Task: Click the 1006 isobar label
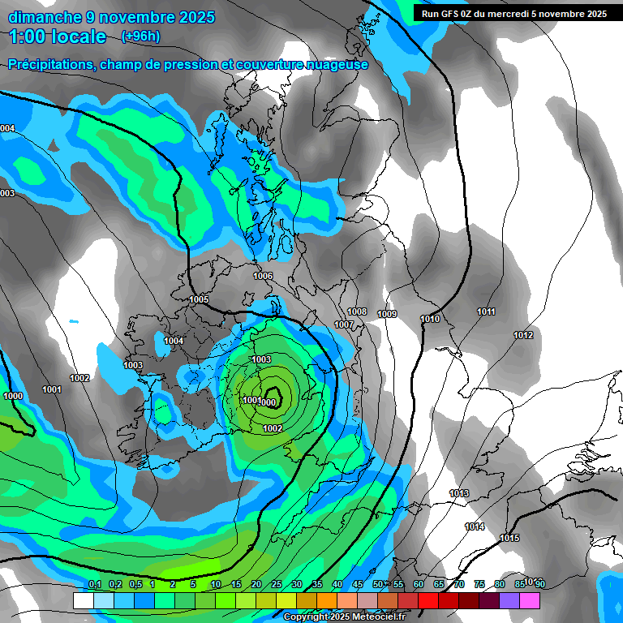263,277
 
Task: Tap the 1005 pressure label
199,299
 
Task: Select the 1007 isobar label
344,324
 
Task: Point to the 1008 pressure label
357,311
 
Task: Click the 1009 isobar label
387,314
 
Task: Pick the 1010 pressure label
430,319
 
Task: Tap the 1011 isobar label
486,312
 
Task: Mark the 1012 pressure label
523,335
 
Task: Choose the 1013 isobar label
459,493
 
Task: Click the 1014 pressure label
475,526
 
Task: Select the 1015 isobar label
509,538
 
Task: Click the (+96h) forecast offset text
140,37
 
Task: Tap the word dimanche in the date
45,17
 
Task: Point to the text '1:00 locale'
58,37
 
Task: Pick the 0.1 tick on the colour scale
95,584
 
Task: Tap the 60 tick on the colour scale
419,584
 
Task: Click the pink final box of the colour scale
529,600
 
